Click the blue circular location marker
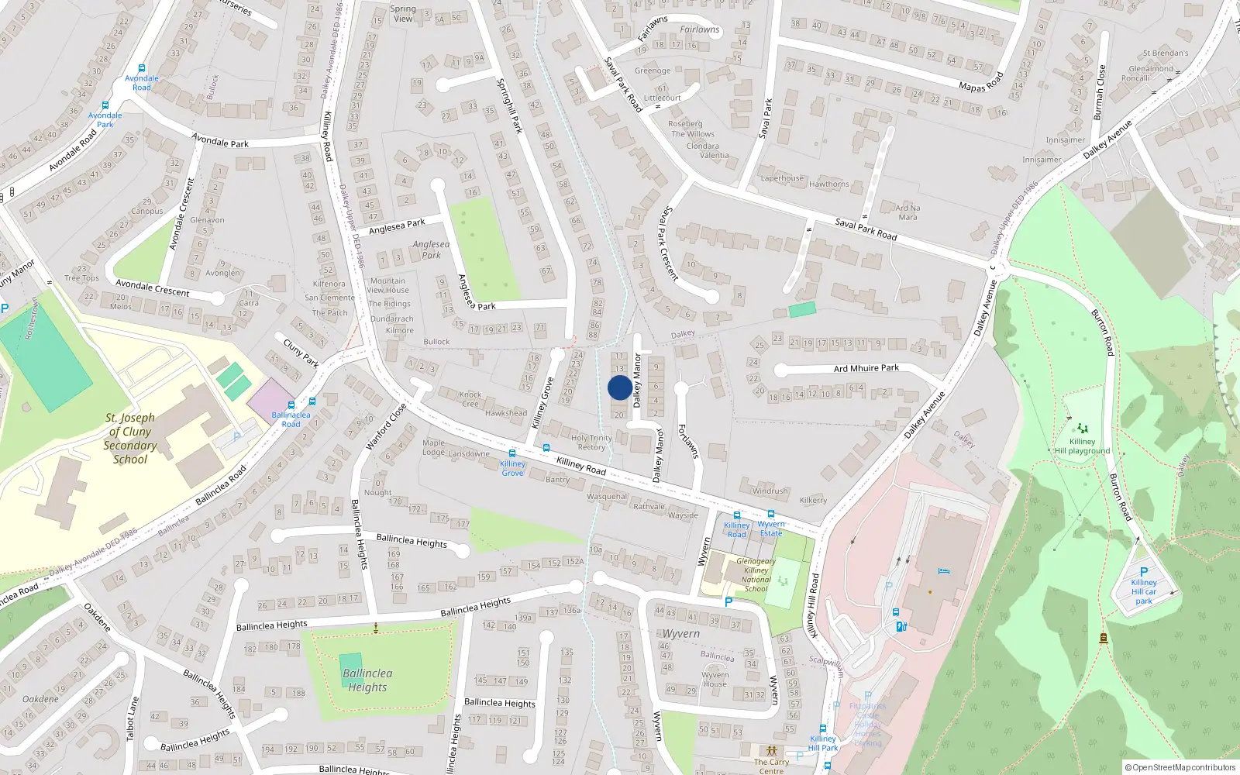[619, 387]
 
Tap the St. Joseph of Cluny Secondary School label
[130, 439]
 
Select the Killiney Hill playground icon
[1082, 429]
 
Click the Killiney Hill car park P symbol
[1144, 572]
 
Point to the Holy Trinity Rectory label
[591, 443]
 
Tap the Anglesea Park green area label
[431, 250]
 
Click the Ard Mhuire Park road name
[866, 368]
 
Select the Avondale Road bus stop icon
[141, 68]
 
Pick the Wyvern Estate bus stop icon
[770, 514]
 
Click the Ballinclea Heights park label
[367, 680]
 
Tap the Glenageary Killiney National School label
[756, 575]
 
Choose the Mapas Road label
[981, 82]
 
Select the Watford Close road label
[385, 426]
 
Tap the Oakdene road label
[97, 617]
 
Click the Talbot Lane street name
[133, 718]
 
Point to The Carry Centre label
[771, 766]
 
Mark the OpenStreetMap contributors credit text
[1180, 768]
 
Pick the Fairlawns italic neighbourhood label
[699, 29]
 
